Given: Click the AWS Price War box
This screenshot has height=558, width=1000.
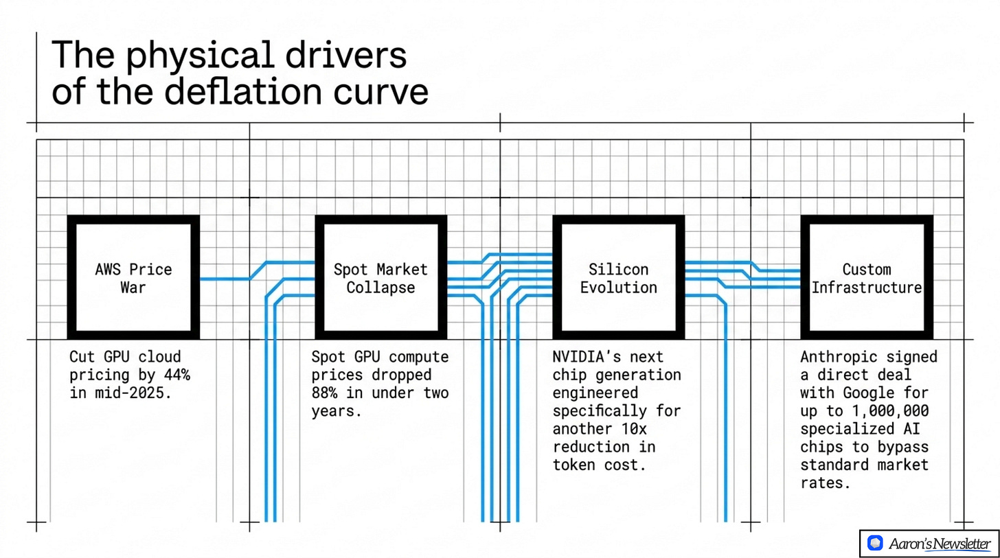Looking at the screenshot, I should pyautogui.click(x=133, y=277).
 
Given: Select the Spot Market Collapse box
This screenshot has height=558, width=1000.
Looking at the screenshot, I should pyautogui.click(x=380, y=277).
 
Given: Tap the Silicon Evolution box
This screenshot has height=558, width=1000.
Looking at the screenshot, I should pyautogui.click(x=618, y=277).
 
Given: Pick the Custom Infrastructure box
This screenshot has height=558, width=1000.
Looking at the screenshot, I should pyautogui.click(x=867, y=277).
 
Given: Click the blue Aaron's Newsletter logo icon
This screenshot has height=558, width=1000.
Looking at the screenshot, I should pyautogui.click(x=874, y=544).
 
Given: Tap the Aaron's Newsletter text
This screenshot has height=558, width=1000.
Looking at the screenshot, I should pyautogui.click(x=940, y=544).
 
